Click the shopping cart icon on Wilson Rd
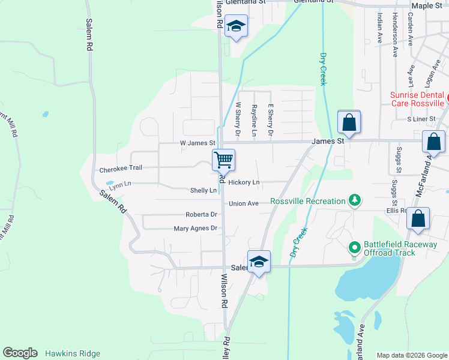click(223, 160)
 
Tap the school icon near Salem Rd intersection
click(259, 262)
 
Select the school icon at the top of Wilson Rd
click(237, 27)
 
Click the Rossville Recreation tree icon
click(355, 201)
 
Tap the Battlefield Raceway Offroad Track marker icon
click(355, 246)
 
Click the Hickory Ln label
click(244, 182)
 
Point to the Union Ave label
click(244, 203)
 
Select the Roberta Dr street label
click(200, 214)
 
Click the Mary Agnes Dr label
click(195, 229)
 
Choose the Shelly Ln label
click(203, 191)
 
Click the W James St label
click(197, 143)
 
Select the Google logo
click(20, 353)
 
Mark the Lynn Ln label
click(119, 185)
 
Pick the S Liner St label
click(420, 119)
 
